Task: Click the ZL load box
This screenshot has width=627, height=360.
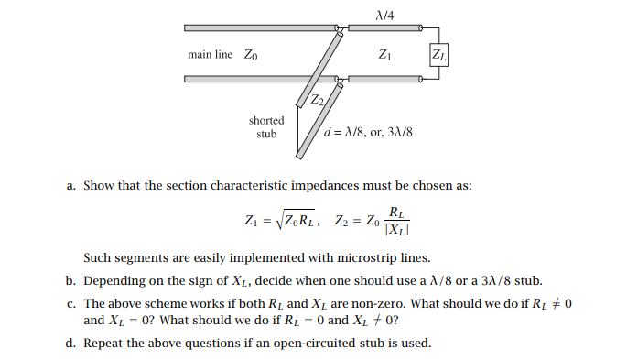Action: [x=438, y=55]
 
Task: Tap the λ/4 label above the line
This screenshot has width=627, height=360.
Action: [x=384, y=14]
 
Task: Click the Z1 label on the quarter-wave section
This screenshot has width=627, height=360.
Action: [x=384, y=55]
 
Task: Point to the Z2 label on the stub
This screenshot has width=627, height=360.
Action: [x=317, y=99]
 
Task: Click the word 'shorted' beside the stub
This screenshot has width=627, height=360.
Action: [x=266, y=120]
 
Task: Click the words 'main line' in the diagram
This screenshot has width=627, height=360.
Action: [x=211, y=55]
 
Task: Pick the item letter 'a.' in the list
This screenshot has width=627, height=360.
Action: [x=70, y=185]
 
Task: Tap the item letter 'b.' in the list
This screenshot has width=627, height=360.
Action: [x=70, y=281]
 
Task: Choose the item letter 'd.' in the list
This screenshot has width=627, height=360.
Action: [x=70, y=344]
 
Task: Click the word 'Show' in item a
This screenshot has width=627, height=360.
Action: [x=97, y=185]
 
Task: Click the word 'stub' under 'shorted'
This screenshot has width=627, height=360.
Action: [x=266, y=134]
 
